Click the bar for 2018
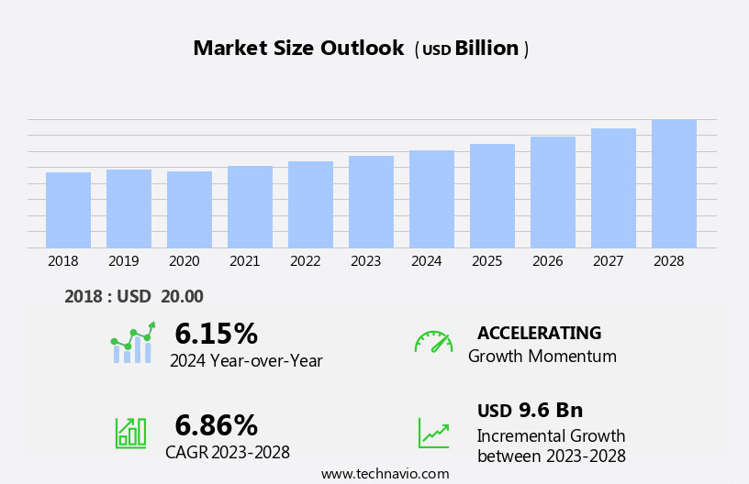(68, 210)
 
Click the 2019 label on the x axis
(123, 261)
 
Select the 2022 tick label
(305, 261)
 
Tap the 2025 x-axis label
(486, 261)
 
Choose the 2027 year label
(608, 261)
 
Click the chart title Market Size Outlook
(298, 49)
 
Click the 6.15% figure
(216, 334)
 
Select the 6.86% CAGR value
(216, 425)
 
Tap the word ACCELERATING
(539, 333)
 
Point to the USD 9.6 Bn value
(530, 411)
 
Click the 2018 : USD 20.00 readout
(134, 296)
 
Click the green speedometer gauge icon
(433, 342)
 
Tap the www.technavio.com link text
(385, 474)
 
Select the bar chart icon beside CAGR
(130, 432)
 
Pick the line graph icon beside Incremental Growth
(433, 433)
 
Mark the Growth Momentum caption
(542, 357)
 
